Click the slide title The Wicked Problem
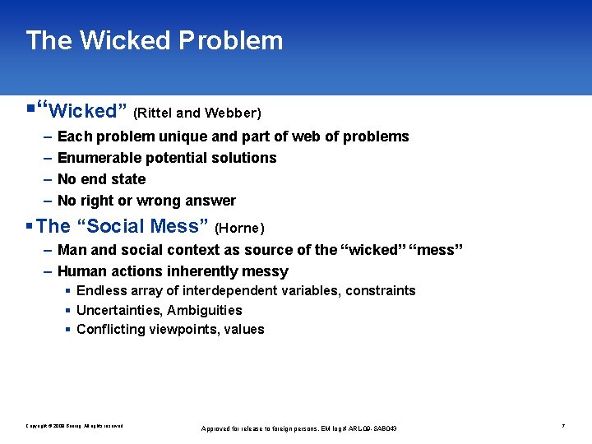click(154, 40)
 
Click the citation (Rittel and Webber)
click(197, 113)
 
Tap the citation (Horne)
click(238, 228)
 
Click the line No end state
click(101, 179)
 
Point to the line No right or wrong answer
click(146, 201)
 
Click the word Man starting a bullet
click(72, 250)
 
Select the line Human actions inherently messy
click(173, 271)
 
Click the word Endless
click(100, 291)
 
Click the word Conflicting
click(108, 330)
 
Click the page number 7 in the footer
click(562, 426)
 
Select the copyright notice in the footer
click(74, 426)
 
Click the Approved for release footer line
click(299, 428)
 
